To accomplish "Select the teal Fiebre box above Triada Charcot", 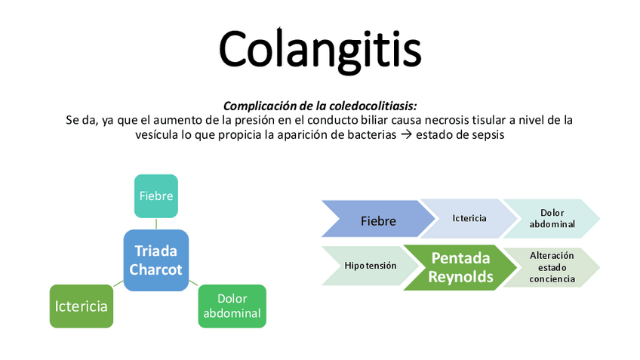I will [x=156, y=196].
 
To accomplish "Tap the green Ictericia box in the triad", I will [x=81, y=306].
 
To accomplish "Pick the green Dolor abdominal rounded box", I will [x=232, y=306].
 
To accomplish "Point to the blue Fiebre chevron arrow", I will [x=377, y=220].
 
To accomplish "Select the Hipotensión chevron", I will [x=370, y=266].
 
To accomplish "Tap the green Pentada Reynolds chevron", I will [x=460, y=267].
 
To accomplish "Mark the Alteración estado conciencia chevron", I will [x=552, y=267].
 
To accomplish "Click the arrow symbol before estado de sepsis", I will [x=432, y=135].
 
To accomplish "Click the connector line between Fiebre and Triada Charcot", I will [x=156, y=223].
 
